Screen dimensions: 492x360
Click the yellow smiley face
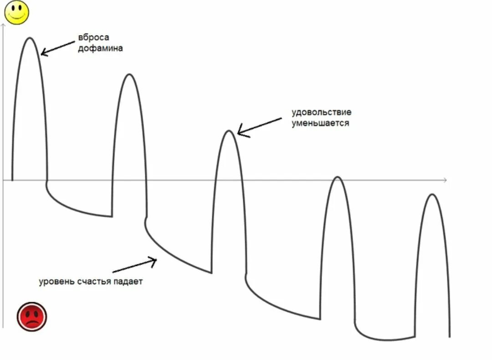[17, 12]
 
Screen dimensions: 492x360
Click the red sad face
[32, 316]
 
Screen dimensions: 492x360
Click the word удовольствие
[322, 112]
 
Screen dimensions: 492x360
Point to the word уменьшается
[321, 123]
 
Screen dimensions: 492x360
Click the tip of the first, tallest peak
[30, 38]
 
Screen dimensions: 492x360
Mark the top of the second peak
[130, 75]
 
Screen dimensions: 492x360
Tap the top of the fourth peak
[338, 177]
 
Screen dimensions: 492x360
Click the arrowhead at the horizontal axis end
[445, 181]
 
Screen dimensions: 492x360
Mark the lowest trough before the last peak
[385, 340]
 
